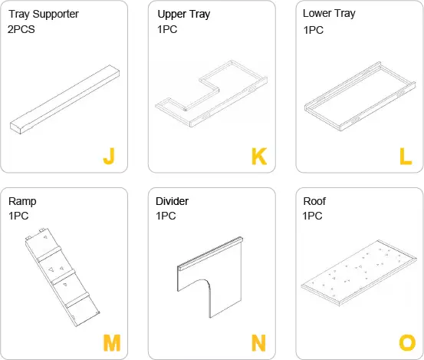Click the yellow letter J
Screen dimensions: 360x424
click(x=108, y=157)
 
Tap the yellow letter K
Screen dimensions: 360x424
click(x=258, y=157)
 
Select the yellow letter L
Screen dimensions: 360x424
click(x=406, y=157)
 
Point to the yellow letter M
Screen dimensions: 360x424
click(x=112, y=343)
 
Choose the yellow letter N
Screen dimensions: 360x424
click(x=258, y=343)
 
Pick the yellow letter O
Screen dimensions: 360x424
click(x=406, y=343)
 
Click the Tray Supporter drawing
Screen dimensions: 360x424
click(x=64, y=99)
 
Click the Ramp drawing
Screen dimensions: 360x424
click(x=62, y=275)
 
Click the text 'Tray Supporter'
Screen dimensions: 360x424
click(x=44, y=14)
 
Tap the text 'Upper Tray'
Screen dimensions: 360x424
click(x=183, y=15)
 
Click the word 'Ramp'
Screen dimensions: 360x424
click(x=22, y=201)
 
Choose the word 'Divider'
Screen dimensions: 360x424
click(x=172, y=201)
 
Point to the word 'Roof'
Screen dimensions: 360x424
click(x=314, y=201)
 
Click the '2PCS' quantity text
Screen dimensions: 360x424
click(x=24, y=30)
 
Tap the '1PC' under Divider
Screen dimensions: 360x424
click(x=166, y=216)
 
